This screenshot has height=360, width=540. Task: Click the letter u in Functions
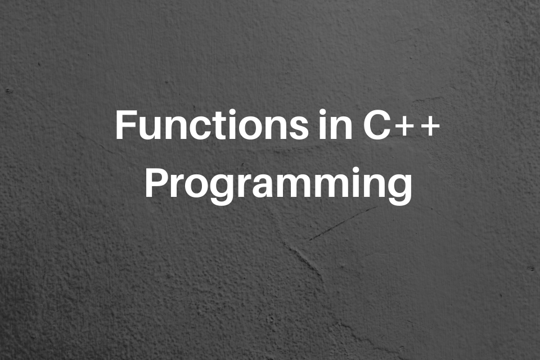[147, 128]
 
